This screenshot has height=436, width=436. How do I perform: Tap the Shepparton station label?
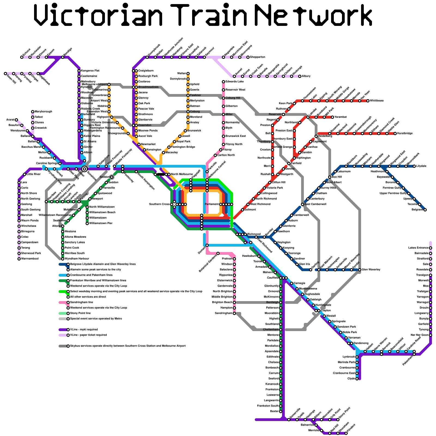click(x=258, y=57)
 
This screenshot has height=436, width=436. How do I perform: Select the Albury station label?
click(x=306, y=76)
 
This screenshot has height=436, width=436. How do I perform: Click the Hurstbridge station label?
click(x=405, y=134)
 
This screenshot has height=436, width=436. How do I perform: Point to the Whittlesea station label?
click(x=377, y=101)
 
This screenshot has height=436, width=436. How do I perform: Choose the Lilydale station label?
click(x=421, y=166)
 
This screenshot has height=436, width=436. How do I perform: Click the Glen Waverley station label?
click(x=371, y=270)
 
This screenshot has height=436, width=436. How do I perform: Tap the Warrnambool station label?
click(x=30, y=259)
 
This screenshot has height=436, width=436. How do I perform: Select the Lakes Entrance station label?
click(x=419, y=248)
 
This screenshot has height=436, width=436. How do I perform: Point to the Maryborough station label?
click(x=43, y=112)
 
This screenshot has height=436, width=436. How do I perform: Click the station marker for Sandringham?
click(x=234, y=313)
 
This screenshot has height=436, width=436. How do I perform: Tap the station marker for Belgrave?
click(x=425, y=210)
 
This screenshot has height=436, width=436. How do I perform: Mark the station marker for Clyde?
click(x=357, y=379)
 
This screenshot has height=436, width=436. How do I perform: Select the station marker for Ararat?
click(x=16, y=120)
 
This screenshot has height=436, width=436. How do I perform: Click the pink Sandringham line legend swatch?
click(x=63, y=302)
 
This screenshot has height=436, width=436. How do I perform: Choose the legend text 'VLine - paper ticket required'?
click(x=88, y=335)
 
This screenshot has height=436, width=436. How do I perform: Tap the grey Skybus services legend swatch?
click(x=63, y=346)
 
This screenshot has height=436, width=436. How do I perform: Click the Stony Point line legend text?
click(x=80, y=313)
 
